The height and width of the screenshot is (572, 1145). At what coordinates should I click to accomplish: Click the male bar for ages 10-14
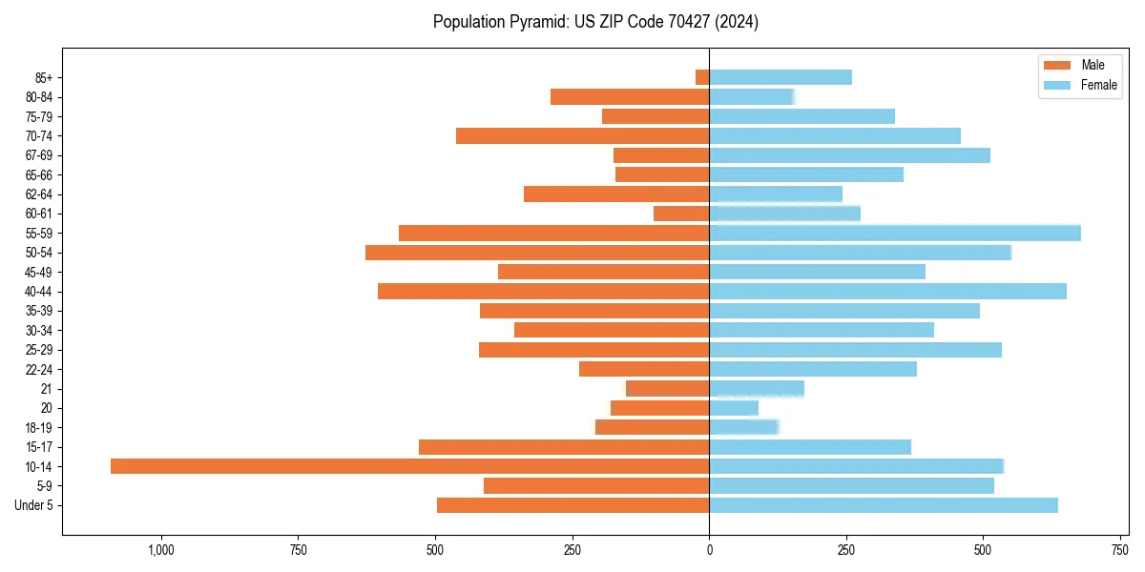[409, 466]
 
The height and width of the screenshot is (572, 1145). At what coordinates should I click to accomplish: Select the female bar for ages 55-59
[895, 233]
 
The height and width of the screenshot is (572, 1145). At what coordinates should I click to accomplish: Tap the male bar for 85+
[702, 77]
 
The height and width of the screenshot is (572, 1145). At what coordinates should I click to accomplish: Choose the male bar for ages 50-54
[537, 253]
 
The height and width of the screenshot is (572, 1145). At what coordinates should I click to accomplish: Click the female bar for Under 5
[884, 505]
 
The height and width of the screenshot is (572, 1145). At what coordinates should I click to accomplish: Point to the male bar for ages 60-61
[681, 214]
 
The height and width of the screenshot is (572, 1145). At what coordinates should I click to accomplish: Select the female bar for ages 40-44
[887, 292]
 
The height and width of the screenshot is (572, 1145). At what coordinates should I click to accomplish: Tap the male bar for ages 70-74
[582, 135]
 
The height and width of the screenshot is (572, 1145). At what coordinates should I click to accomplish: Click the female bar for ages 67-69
[849, 155]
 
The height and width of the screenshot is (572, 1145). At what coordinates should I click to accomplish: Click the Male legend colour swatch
[1058, 65]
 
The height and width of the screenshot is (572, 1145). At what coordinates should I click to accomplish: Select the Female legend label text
[1099, 85]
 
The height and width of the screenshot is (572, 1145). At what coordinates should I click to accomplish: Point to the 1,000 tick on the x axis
[160, 550]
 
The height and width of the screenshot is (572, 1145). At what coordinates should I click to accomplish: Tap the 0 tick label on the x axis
[709, 550]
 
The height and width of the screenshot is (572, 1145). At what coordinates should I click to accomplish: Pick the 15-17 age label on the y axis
[39, 447]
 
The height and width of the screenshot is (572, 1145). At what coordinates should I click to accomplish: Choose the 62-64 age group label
[39, 194]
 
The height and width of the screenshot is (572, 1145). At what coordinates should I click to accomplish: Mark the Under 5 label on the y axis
[34, 505]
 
